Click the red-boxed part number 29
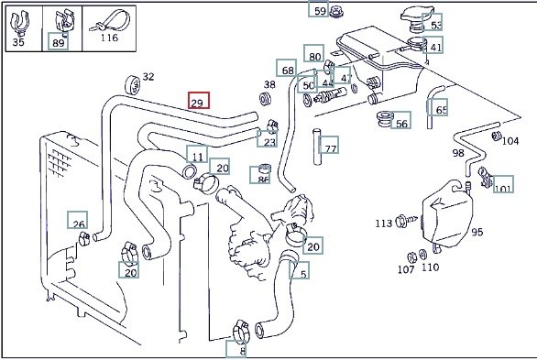click(x=197, y=103)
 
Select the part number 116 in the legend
click(x=109, y=38)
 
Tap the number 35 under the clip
click(x=18, y=42)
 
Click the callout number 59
click(x=320, y=11)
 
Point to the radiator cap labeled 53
click(x=416, y=19)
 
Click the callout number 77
click(x=331, y=148)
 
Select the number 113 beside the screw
click(x=384, y=224)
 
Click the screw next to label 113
click(x=407, y=221)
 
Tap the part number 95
click(x=477, y=232)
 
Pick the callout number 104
click(x=510, y=141)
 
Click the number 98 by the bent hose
click(x=458, y=153)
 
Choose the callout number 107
click(x=406, y=269)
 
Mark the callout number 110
click(x=430, y=267)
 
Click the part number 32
click(x=148, y=77)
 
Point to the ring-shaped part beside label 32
click(x=133, y=85)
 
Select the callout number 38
click(x=269, y=84)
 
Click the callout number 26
click(x=79, y=224)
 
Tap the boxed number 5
click(x=303, y=274)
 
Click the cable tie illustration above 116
click(x=110, y=21)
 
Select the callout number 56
click(x=401, y=124)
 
